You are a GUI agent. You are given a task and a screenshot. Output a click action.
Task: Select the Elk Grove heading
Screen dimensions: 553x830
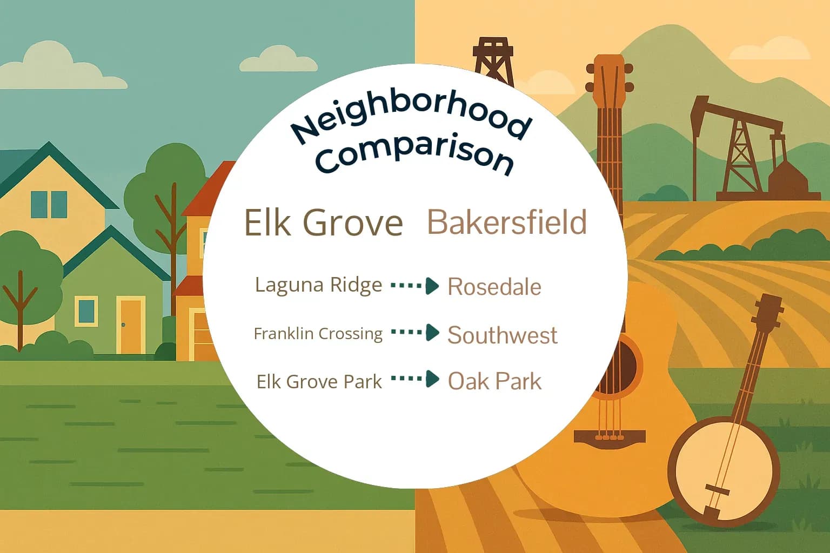(x=323, y=222)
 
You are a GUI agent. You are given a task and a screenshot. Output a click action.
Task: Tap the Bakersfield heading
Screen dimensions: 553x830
(x=507, y=222)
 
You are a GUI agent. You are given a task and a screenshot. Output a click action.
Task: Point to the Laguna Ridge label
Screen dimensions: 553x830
(x=318, y=285)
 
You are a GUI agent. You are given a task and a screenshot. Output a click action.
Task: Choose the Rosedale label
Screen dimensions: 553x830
(x=494, y=287)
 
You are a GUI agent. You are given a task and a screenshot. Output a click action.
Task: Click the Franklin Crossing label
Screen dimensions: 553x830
(x=318, y=334)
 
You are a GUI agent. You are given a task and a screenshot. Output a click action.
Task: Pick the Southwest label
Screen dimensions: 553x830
(x=502, y=335)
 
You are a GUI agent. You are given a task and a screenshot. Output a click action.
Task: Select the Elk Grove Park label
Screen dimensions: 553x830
(x=319, y=382)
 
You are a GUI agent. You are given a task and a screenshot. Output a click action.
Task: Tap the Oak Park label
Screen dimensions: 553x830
(x=494, y=381)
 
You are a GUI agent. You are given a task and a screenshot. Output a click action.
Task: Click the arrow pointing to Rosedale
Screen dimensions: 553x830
(x=415, y=286)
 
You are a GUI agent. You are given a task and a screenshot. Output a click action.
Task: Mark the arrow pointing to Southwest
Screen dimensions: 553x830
(x=415, y=333)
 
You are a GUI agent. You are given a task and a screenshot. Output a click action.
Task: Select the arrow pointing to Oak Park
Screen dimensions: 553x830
(x=415, y=379)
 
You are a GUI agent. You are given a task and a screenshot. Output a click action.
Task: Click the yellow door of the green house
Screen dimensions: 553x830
(x=130, y=326)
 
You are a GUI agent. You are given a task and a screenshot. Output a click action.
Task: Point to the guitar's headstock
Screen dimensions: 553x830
(x=609, y=81)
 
